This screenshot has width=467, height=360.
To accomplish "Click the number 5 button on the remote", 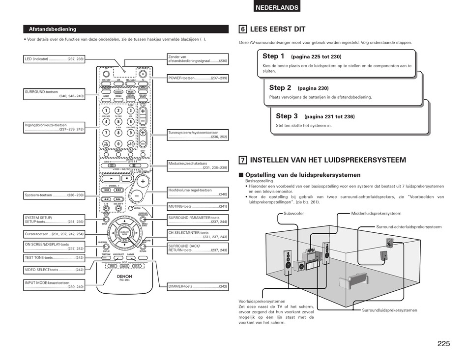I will coord(118,122).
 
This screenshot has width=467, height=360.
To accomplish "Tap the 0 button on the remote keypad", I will coord(118,144).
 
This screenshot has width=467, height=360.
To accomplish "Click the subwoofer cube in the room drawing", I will coord(299,266).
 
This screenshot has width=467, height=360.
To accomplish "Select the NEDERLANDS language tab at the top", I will coord(277,7).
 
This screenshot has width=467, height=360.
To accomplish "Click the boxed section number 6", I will coord(243,29).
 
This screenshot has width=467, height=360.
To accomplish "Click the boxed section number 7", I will coord(243,160).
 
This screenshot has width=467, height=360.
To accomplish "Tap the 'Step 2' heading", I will coord(280,88).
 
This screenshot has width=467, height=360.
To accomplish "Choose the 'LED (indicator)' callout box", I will coord(54,59).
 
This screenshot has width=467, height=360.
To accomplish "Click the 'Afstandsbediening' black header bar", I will coord(125,29).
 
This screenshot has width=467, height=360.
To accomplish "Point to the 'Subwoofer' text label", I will coord(294,214).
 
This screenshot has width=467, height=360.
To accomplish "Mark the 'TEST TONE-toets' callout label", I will coord(54,258).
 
